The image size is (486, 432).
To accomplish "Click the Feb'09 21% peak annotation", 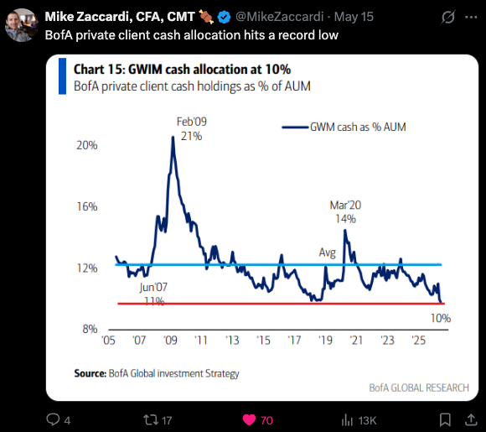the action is tap(192, 129).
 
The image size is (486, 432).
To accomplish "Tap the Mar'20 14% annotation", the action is tap(345, 212).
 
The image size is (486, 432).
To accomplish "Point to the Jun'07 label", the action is tap(153, 288).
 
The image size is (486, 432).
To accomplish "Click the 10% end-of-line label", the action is tap(441, 318).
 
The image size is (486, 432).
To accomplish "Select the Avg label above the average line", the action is tap(328, 252).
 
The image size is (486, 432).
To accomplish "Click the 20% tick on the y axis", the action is tap(87, 145).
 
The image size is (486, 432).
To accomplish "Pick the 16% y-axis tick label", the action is tap(87, 206).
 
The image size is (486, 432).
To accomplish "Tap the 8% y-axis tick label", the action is tap(90, 329).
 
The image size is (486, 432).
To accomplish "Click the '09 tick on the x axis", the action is tap(170, 341).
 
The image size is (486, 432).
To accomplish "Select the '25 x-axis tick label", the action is tap(419, 341).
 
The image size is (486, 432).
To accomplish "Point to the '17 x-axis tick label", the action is tap(294, 341).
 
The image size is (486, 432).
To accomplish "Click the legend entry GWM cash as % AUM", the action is tap(344, 127).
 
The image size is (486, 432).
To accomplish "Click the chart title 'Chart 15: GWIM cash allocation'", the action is tap(182, 70).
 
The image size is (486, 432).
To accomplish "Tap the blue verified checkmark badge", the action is tap(224, 17).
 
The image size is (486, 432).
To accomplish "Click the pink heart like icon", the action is tap(249, 420).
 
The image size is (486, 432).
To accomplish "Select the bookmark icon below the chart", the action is tap(445, 420).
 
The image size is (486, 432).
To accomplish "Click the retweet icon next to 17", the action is tap(150, 420).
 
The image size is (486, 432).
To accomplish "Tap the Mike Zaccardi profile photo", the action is tap(22, 25).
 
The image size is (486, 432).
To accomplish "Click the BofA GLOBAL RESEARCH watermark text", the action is tap(419, 388).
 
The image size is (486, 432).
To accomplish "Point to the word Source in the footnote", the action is tap(90, 373).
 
